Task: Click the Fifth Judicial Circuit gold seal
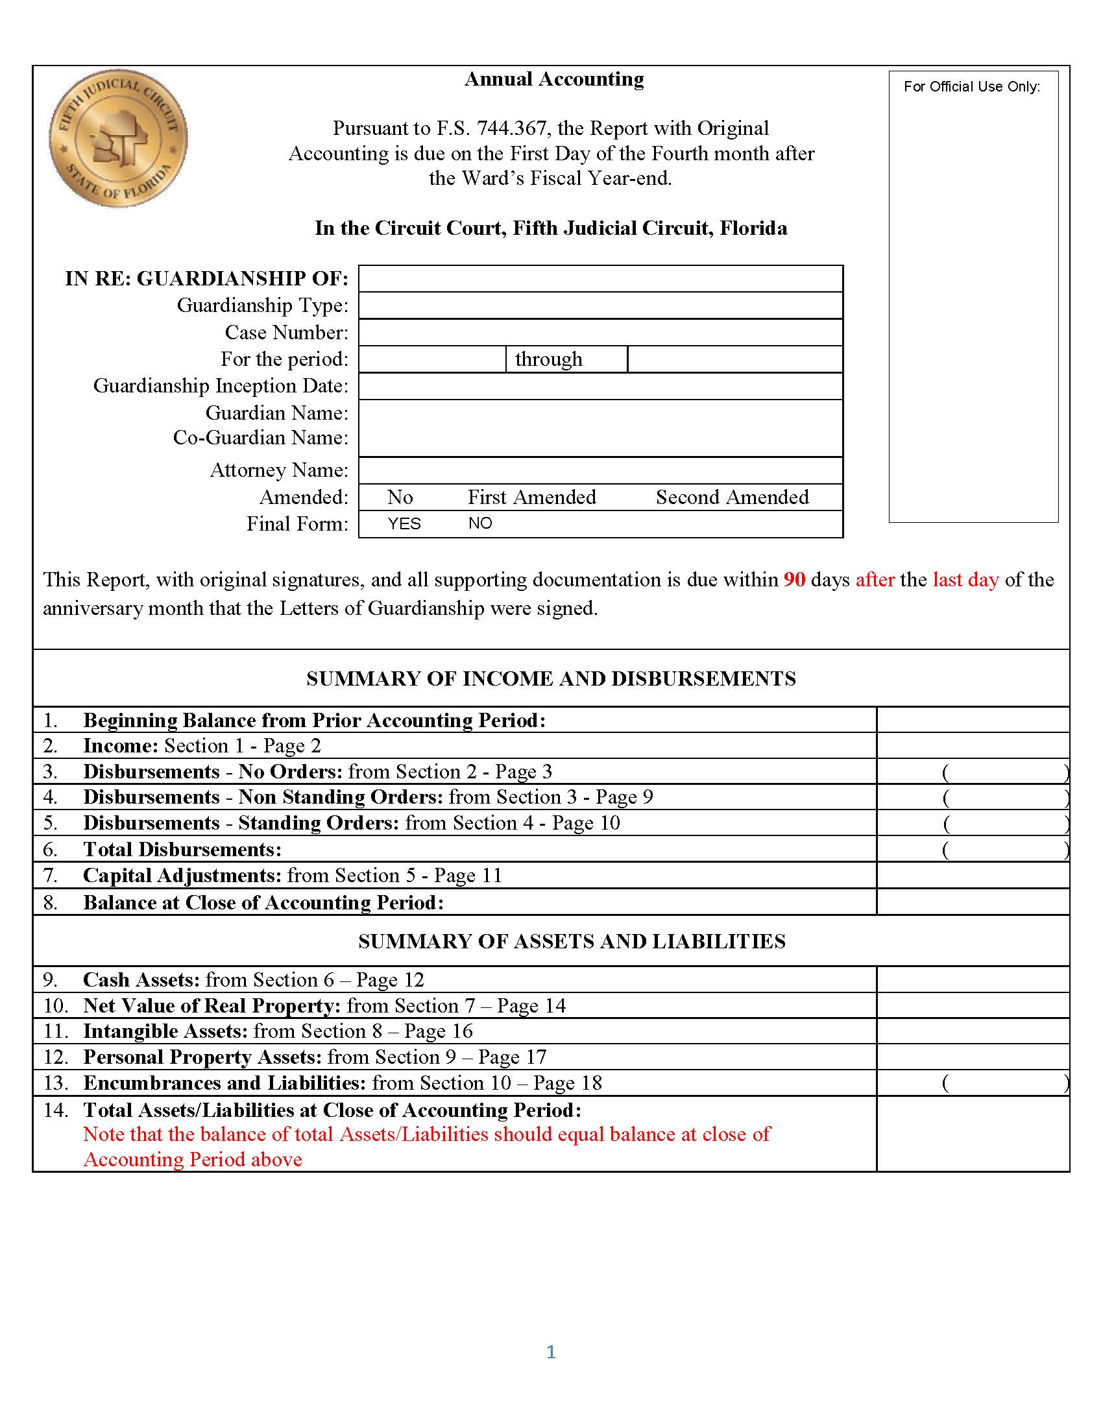pos(118,139)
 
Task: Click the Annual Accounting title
pos(553,79)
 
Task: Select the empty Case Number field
pos(600,333)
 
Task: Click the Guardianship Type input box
pos(600,305)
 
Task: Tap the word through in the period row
pos(548,359)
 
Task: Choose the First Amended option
pos(531,498)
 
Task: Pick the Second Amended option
pos(732,498)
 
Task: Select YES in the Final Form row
pos(404,524)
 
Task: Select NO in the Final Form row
pos(480,523)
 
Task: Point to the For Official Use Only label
pos(972,87)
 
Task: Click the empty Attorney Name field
pos(600,470)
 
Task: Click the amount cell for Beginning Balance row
pos(973,720)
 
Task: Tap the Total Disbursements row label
pos(182,850)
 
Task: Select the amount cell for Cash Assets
pos(973,979)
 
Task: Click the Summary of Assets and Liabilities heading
pos(572,941)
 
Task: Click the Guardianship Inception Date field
pos(600,386)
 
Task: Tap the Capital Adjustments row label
pos(182,876)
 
